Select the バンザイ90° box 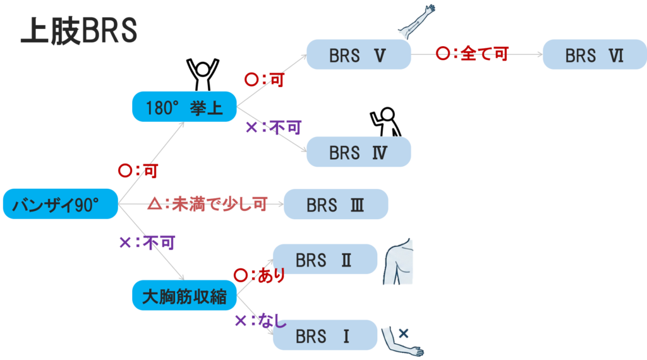pos(61,204)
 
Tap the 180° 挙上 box pos(184,107)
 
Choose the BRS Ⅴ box pos(358,55)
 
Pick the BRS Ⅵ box pos(594,55)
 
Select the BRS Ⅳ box pos(358,152)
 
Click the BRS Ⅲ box pos(336,204)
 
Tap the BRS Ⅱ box pos(324,260)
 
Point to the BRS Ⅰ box pos(324,335)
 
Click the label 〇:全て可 pos(472,54)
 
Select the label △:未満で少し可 pos(207,203)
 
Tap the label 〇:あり pos(259,275)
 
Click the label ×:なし pos(260,321)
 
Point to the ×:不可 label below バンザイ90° pos(147,242)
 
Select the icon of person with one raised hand pos(387,119)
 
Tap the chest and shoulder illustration pos(399,262)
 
